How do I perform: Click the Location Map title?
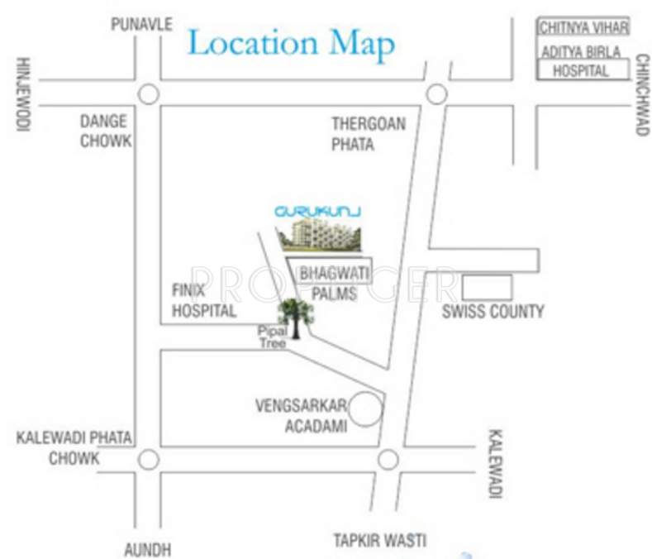coord(291,43)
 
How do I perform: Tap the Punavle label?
coord(141,24)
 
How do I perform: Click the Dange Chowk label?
coord(105,131)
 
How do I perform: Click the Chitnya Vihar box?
coord(583,27)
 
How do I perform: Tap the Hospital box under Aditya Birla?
coord(580,71)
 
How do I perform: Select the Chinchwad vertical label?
coord(640,95)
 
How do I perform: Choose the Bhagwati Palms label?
coord(328,282)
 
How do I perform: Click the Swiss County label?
coord(493,312)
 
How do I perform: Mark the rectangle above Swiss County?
coord(487,287)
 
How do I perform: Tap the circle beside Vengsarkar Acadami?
coord(366,408)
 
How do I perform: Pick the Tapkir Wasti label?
coord(380,541)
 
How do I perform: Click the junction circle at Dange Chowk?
coord(149,94)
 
